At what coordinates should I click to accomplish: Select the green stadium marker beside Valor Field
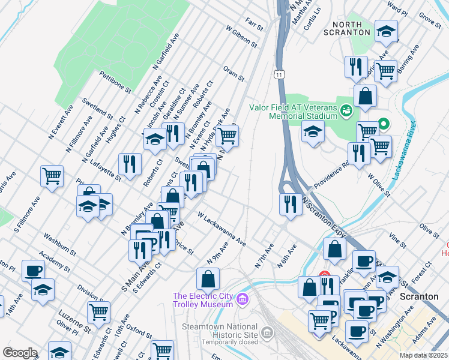(x=346, y=110)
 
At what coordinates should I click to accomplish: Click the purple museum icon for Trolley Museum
(x=242, y=298)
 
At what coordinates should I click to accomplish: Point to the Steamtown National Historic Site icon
(x=267, y=332)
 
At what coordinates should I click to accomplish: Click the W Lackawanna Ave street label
(x=222, y=229)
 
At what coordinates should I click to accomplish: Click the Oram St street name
(x=234, y=74)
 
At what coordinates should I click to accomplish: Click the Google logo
(x=20, y=353)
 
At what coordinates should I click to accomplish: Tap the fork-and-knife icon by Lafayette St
(x=130, y=163)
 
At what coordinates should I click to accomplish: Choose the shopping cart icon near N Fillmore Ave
(x=52, y=175)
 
